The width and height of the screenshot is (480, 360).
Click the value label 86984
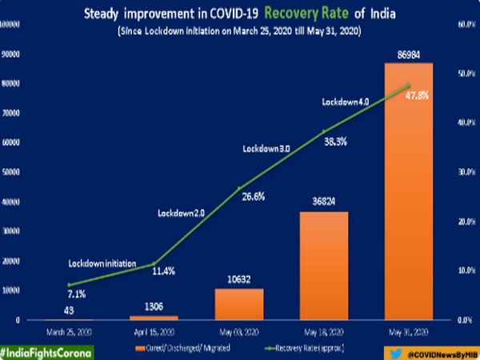click(x=409, y=54)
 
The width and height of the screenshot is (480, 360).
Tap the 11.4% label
click(x=163, y=271)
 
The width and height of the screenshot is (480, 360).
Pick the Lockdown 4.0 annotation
click(x=346, y=102)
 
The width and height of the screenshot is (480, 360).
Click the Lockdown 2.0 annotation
click(x=182, y=213)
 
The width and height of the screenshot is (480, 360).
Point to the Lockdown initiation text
click(x=102, y=263)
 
